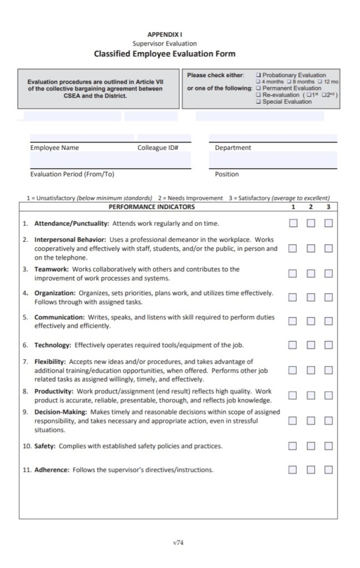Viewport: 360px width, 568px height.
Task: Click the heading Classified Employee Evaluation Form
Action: point(164,54)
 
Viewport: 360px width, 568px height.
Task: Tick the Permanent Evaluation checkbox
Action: point(259,88)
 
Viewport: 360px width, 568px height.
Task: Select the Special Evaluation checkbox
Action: point(259,102)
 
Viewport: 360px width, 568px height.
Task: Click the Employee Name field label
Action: point(54,148)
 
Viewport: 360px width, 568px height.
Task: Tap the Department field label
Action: point(233,148)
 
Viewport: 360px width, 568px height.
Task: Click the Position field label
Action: point(227,174)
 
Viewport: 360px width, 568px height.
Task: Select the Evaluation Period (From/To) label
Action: point(72,174)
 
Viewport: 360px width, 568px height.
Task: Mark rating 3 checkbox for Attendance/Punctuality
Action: point(328,224)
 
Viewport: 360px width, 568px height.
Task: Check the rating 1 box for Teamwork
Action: point(293,273)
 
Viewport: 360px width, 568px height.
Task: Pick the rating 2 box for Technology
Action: point(311,345)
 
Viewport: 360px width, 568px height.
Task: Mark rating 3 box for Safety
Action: point(328,446)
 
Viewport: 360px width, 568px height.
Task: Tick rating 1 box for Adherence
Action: point(293,470)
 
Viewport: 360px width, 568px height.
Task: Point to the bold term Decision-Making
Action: point(60,412)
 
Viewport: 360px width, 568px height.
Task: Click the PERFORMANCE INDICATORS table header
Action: point(151,207)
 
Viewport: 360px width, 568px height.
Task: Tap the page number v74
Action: point(178,542)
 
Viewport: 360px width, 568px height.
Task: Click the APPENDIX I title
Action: point(164,34)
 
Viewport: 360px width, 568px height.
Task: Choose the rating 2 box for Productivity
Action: point(311,395)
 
